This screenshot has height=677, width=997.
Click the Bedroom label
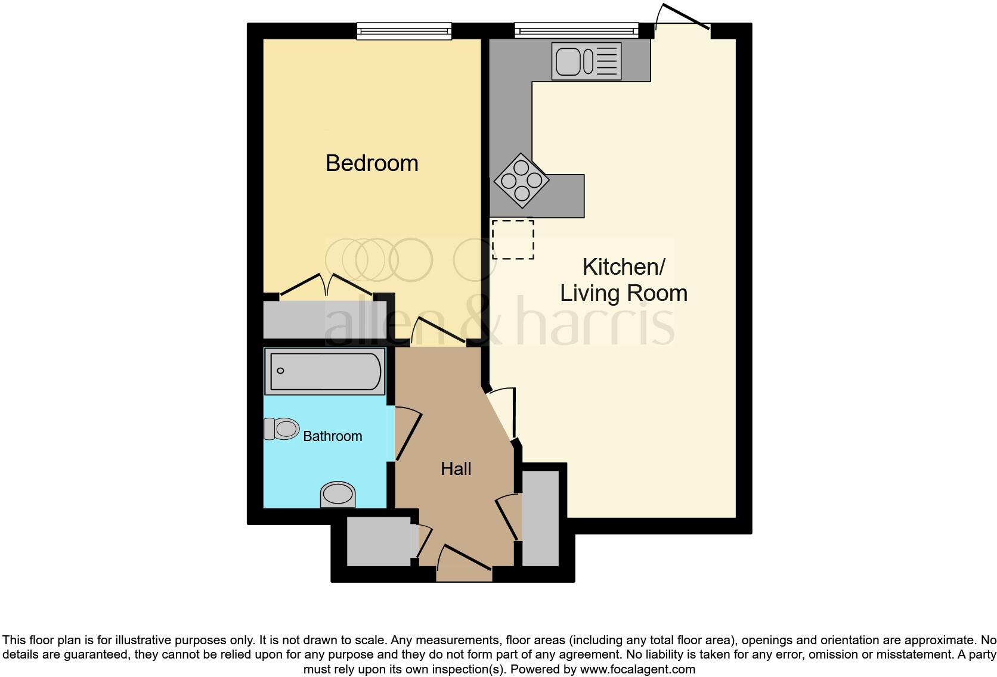[371, 163]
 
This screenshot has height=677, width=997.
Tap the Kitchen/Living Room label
[623, 280]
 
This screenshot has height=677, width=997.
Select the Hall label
[456, 469]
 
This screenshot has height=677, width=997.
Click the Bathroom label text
[332, 436]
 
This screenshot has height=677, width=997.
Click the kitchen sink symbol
[586, 61]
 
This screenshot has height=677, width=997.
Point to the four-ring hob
[521, 181]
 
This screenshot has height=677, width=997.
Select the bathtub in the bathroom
[325, 371]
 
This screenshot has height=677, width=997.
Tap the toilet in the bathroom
[281, 428]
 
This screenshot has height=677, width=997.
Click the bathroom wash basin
[338, 495]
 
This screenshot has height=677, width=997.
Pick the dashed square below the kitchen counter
[513, 239]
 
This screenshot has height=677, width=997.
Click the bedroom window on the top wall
[404, 30]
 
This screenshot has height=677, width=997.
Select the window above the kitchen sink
[575, 30]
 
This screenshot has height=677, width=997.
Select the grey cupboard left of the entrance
[378, 542]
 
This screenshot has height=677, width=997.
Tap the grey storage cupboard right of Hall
[540, 517]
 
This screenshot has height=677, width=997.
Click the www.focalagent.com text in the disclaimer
[637, 669]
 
